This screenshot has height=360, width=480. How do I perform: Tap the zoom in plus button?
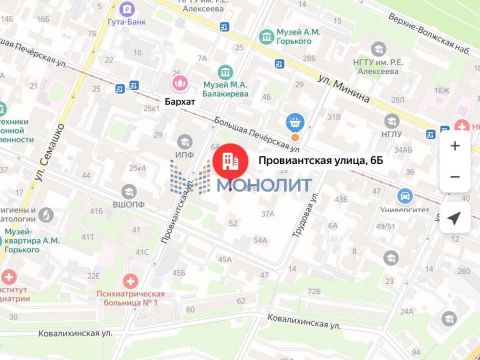click(x=455, y=145)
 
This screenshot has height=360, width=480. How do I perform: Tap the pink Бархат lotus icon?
click(x=180, y=83)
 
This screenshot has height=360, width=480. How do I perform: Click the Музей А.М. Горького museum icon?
click(x=266, y=38)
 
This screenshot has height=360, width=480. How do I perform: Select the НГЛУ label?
click(x=392, y=133)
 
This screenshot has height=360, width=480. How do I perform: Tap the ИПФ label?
click(x=185, y=156)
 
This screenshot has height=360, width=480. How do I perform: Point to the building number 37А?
click(x=267, y=214)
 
